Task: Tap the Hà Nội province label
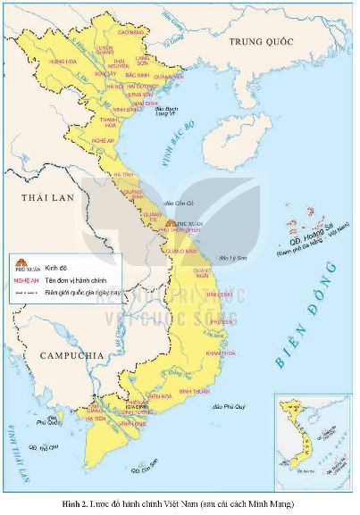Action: (116, 86)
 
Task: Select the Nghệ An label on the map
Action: (104, 140)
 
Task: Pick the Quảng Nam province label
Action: (179, 251)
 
